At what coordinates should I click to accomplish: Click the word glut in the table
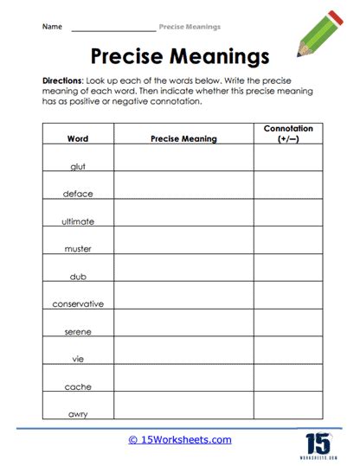click(78, 165)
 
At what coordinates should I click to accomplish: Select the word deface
click(78, 194)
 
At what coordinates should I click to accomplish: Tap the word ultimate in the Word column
click(78, 221)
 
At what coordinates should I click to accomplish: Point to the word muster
click(78, 249)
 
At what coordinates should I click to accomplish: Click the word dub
click(78, 277)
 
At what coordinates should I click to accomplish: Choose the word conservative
click(78, 304)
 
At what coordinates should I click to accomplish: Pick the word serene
click(78, 332)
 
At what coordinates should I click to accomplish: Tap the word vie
click(78, 360)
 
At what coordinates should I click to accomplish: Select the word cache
click(78, 387)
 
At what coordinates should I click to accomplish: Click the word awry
click(78, 414)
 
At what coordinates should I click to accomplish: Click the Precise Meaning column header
click(183, 138)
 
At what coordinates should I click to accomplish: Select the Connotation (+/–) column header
click(288, 133)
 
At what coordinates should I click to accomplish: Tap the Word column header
click(78, 138)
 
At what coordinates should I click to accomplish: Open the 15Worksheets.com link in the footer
click(180, 440)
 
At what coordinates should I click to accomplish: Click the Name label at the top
click(52, 27)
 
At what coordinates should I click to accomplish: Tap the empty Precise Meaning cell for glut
click(183, 157)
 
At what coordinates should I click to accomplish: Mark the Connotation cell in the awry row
click(288, 406)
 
